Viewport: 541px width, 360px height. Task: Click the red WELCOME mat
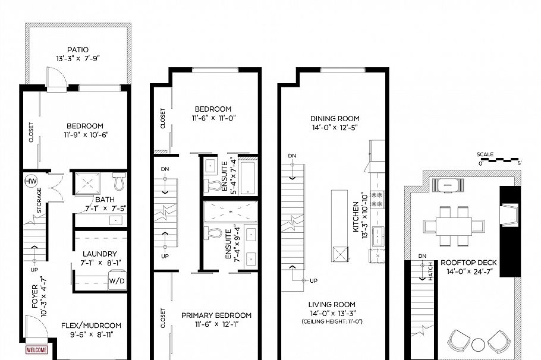pos(36,350)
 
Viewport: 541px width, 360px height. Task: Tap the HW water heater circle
pos(30,181)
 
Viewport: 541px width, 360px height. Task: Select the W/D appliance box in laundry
pos(117,281)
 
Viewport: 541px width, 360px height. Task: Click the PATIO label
pos(78,50)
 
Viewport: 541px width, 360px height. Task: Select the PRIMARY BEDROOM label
pos(216,315)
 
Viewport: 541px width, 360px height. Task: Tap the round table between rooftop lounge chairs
pos(479,345)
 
